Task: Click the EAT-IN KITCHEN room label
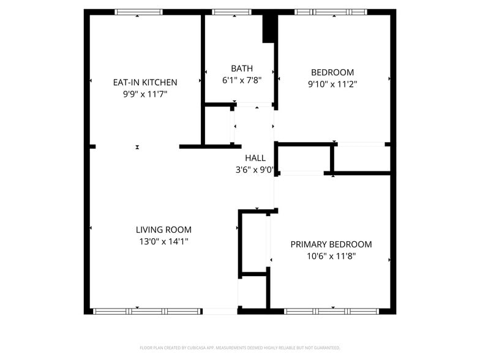pos(145,82)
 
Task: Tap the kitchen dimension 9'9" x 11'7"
pos(145,94)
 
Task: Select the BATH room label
pos(242,69)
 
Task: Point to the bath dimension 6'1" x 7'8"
pos(242,80)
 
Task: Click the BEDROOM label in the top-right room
pos(332,72)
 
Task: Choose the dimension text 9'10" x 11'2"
pos(332,84)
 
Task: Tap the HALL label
pos(255,158)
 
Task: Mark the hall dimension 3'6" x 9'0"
pos(255,170)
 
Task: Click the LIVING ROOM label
pos(163,230)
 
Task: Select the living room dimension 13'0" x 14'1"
pos(163,242)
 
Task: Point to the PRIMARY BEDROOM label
pos(331,244)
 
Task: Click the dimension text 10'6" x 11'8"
pos(331,257)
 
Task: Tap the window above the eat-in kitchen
pos(139,12)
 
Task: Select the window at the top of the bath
pos(231,12)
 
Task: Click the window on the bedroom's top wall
pos(331,12)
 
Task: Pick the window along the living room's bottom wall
pos(147,311)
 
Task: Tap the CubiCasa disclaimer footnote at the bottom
pos(240,348)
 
